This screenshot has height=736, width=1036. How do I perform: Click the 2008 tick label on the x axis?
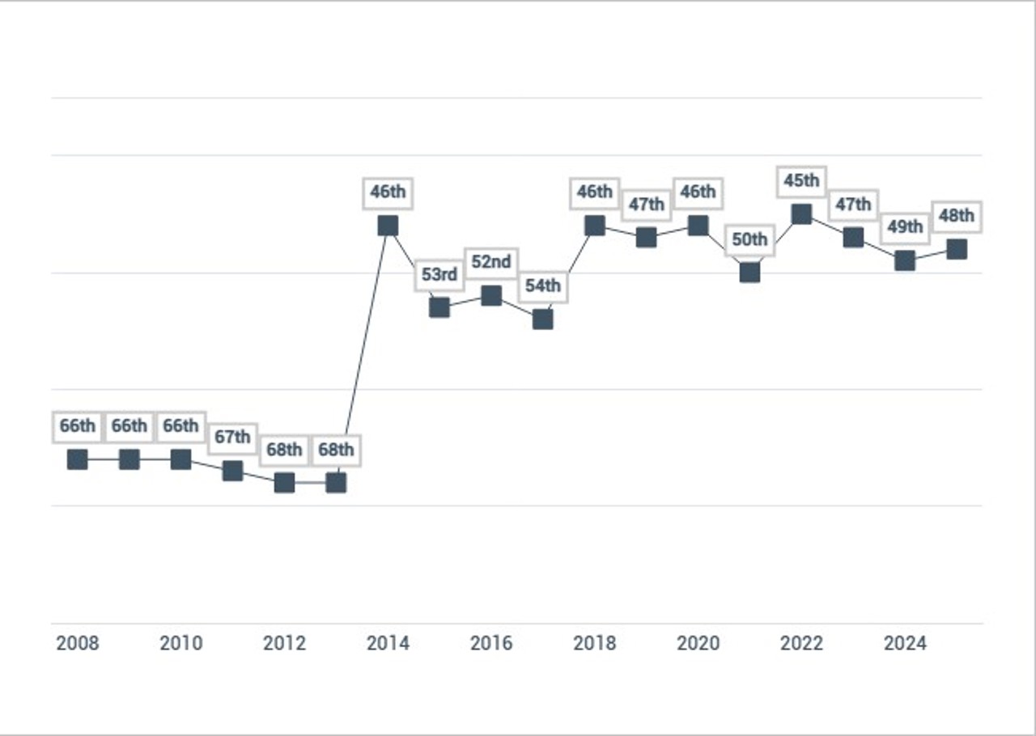tap(78, 644)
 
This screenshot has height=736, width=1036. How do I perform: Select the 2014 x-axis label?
tap(388, 644)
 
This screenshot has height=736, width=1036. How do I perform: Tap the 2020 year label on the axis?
tap(698, 644)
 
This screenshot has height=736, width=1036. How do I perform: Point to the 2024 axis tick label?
tap(905, 644)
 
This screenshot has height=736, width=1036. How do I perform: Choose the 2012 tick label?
tap(284, 644)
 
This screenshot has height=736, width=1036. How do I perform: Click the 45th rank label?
tap(801, 180)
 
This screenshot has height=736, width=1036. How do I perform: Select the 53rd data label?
tap(439, 274)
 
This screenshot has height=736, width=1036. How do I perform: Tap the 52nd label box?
tap(491, 263)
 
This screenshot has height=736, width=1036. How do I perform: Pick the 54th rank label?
tap(543, 286)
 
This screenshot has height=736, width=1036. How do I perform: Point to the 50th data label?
tap(749, 239)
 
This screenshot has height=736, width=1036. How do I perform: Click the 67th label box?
tap(232, 438)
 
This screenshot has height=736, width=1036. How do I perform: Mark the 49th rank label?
tap(905, 227)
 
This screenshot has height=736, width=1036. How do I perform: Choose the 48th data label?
tap(957, 216)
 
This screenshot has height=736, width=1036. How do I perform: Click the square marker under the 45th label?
tap(801, 214)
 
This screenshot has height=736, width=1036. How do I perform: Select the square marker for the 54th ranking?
tap(543, 319)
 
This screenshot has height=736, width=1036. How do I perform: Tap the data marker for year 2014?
tap(388, 226)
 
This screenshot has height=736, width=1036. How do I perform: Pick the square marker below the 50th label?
tap(749, 273)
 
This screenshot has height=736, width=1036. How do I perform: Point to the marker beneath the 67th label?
tap(232, 471)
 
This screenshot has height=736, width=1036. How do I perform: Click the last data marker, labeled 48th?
tap(957, 249)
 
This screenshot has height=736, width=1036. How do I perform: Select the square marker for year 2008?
tap(78, 459)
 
